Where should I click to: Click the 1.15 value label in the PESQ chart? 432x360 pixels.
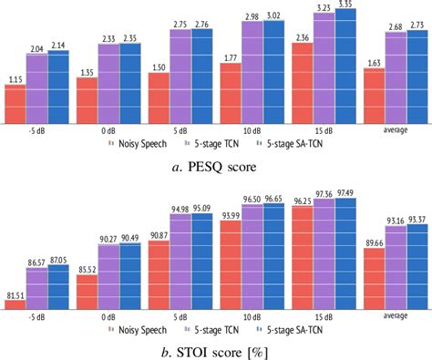[15, 80]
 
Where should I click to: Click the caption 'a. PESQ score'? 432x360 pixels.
[215, 166]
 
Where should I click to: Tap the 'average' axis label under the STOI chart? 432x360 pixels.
[395, 317]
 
